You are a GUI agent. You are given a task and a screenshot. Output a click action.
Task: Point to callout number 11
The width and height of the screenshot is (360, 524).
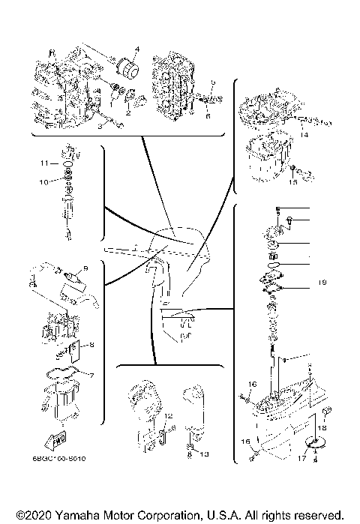pos(44,163)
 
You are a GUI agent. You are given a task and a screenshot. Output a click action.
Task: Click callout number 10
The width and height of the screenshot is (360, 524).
pos(44,181)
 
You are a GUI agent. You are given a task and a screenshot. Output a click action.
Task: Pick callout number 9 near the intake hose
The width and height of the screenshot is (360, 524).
pos(85,268)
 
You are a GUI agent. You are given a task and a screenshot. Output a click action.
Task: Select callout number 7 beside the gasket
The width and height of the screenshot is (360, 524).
pos(91,375)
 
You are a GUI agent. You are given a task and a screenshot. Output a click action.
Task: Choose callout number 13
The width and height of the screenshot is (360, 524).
pos(204,454)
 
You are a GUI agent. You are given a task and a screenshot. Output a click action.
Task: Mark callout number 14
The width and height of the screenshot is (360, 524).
pos(304,134)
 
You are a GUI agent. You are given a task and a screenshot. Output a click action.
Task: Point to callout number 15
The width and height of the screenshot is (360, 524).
pos(294,181)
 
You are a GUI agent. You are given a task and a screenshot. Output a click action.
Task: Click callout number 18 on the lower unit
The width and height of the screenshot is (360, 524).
pos(325,425)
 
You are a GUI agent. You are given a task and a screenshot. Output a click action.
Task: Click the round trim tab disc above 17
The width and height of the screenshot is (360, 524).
pos(314,443)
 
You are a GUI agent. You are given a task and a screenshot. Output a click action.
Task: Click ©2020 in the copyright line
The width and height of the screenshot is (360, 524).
pos(31,516)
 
